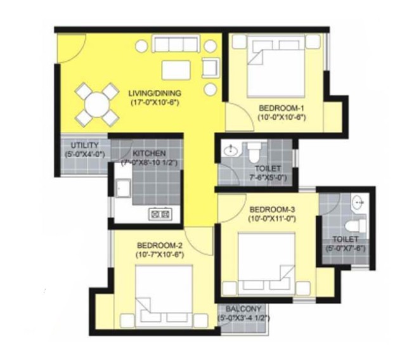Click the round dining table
[97, 105]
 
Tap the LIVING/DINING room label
[155, 93]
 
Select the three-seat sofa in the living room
[176, 44]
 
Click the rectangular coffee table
[176, 70]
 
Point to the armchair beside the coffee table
[210, 67]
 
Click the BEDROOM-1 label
[282, 108]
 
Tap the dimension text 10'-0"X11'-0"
[272, 219]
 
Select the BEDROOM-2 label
[160, 245]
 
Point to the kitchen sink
[123, 188]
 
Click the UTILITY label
[85, 145]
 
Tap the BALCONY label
[243, 309]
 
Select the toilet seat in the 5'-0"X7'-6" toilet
[355, 225]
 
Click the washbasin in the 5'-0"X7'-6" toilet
[358, 202]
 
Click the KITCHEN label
[149, 153]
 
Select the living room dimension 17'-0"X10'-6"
[155, 102]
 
